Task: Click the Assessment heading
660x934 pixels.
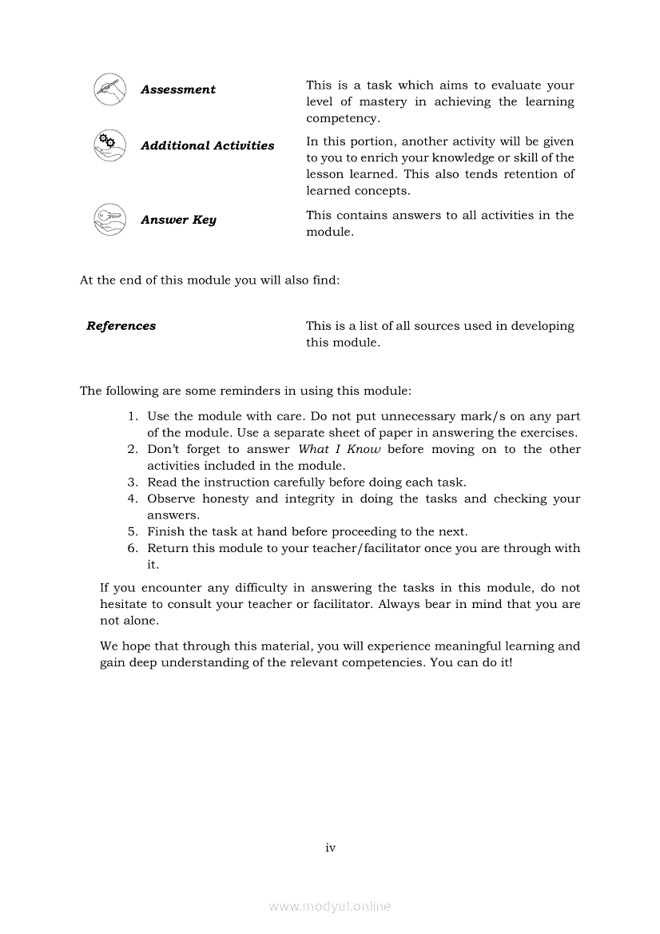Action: click(x=177, y=89)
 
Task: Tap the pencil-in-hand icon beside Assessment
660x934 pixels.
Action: click(x=109, y=87)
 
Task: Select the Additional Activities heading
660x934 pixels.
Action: click(x=207, y=145)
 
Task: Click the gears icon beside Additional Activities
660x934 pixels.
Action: click(x=109, y=145)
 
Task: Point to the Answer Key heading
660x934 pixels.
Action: click(x=178, y=220)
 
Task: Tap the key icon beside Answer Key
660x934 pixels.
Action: click(x=109, y=219)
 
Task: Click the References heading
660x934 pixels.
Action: click(x=121, y=326)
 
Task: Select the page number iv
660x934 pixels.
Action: click(x=330, y=848)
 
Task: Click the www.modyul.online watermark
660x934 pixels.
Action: click(x=330, y=907)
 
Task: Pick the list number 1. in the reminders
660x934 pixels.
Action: click(x=133, y=416)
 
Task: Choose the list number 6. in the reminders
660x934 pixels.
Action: click(x=133, y=548)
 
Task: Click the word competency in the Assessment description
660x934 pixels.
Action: click(x=342, y=118)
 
